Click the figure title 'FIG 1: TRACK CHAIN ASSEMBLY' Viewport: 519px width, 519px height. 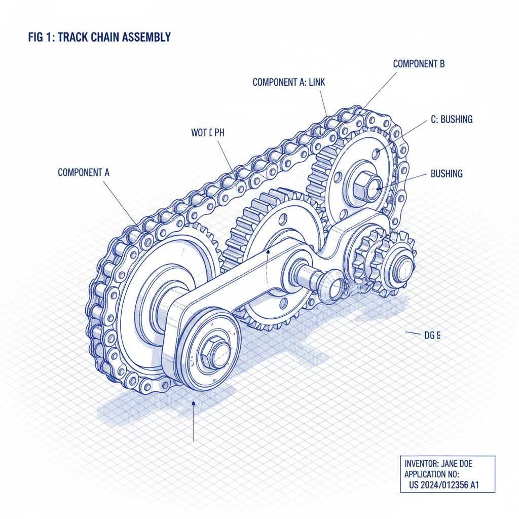click(99, 37)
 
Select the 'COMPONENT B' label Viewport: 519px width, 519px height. click(419, 64)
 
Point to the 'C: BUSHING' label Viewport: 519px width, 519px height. click(451, 120)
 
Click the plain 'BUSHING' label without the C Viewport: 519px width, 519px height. click(447, 174)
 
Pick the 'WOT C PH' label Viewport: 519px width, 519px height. click(207, 133)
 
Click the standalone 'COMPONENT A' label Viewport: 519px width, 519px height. click(84, 172)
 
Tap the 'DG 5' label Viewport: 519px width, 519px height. click(432, 335)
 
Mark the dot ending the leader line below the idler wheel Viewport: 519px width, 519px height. click(193, 403)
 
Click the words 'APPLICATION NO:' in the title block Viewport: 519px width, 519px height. click(431, 474)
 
